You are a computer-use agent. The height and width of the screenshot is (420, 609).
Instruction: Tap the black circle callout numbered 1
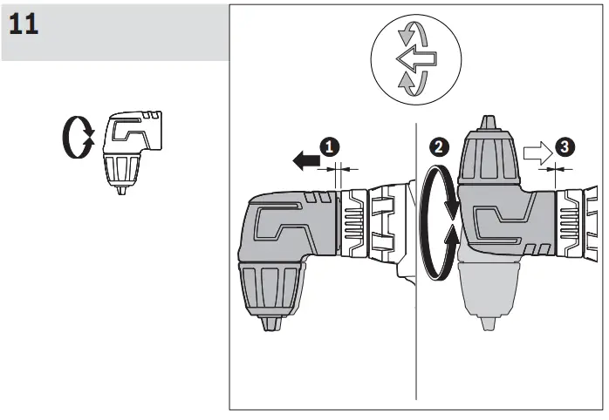tap(330, 147)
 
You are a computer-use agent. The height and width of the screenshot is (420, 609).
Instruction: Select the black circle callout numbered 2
tap(441, 147)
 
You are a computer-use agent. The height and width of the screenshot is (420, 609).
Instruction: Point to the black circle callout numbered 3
tap(565, 147)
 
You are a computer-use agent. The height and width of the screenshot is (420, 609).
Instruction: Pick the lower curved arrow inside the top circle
tap(409, 85)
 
